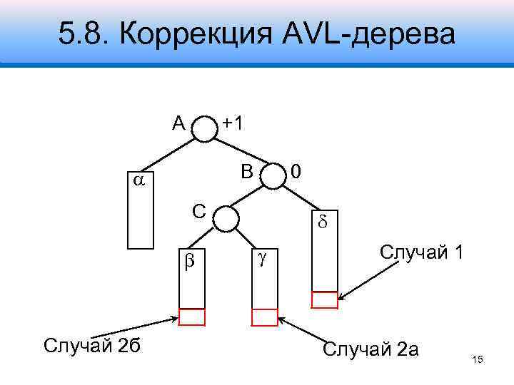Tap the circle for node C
tap(226, 217)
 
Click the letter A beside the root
tap(178, 123)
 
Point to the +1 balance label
tap(232, 123)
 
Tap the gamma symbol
tap(262, 257)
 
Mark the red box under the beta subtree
tap(191, 317)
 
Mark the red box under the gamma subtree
tap(264, 317)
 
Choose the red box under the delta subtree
tap(325, 300)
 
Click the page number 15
tap(478, 362)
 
